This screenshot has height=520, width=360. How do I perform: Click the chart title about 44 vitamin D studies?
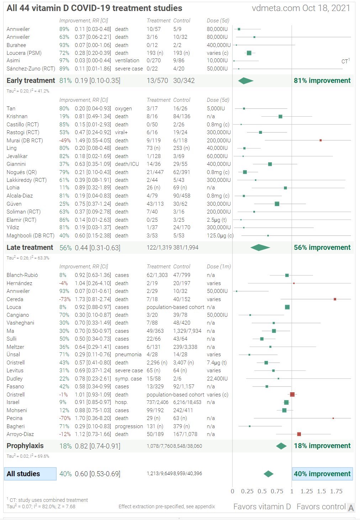[94, 8]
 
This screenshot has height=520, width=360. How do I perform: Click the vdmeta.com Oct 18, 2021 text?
[301, 8]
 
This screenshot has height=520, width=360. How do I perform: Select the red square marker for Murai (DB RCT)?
[321, 140]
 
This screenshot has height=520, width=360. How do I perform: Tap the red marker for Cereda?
[335, 299]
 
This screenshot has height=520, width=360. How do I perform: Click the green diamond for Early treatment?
[245, 81]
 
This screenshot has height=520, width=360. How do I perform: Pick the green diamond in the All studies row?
[269, 474]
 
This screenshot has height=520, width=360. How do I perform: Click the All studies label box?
[30, 474]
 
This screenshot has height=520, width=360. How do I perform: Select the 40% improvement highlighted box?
[322, 474]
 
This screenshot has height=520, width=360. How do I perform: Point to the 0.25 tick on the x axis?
[247, 491]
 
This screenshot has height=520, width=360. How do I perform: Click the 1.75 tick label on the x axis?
[336, 491]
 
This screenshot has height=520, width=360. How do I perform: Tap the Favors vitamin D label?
[262, 506]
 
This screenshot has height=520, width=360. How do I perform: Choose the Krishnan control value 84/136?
[181, 116]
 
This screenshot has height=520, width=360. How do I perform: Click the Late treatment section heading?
[30, 247]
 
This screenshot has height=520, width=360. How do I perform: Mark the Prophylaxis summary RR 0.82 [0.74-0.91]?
[97, 446]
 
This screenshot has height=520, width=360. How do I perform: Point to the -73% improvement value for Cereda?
[65, 299]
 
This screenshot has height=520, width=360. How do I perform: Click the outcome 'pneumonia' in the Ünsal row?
[128, 354]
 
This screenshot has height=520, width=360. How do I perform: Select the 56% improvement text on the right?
[322, 247]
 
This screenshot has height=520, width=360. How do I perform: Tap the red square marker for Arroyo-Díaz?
[299, 434]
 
